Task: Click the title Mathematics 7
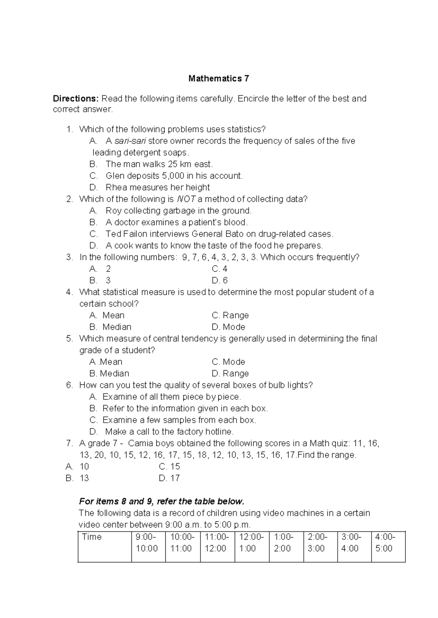click(x=219, y=78)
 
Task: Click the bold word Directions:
click(x=76, y=99)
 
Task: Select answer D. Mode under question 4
click(x=228, y=327)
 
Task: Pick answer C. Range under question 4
click(x=230, y=315)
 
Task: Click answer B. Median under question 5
click(x=109, y=373)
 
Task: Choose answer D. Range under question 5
click(x=230, y=373)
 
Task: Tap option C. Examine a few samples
click(x=173, y=420)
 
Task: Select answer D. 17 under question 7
click(x=169, y=478)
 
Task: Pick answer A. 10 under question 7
click(x=77, y=466)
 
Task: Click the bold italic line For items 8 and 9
click(x=161, y=501)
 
